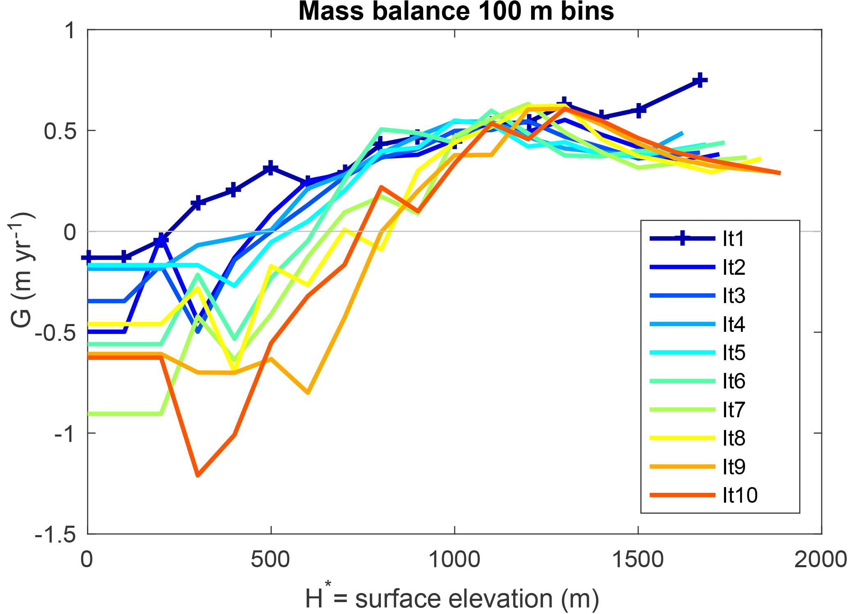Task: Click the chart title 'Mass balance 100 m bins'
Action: pyautogui.click(x=456, y=11)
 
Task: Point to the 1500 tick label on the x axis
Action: pyautogui.click(x=637, y=559)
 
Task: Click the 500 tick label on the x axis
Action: pyautogui.click(x=270, y=559)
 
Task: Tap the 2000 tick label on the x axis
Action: pyautogui.click(x=820, y=559)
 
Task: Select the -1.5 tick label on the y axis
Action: pyautogui.click(x=56, y=535)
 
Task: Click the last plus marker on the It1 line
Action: pyautogui.click(x=700, y=80)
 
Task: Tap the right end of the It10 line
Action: pyautogui.click(x=779, y=173)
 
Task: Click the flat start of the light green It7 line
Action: pyautogui.click(x=123, y=414)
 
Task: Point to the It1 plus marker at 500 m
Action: pyautogui.click(x=270, y=168)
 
